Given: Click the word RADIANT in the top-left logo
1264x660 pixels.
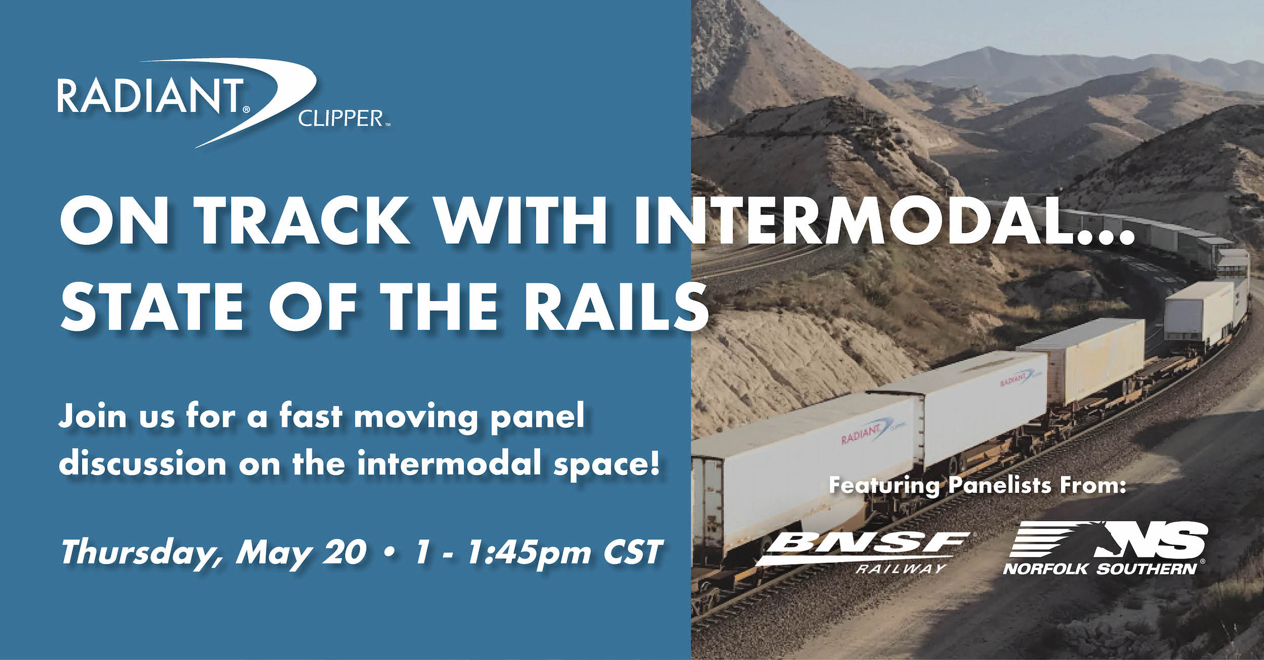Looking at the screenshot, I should point(149,96).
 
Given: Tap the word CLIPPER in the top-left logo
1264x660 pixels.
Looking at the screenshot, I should point(340,118).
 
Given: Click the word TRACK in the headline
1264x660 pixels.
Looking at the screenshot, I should point(302,223).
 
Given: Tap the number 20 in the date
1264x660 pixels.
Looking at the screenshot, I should point(345,552).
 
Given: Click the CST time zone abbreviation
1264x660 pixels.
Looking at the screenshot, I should point(633,552).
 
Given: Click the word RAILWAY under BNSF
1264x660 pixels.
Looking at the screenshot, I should point(900,569).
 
